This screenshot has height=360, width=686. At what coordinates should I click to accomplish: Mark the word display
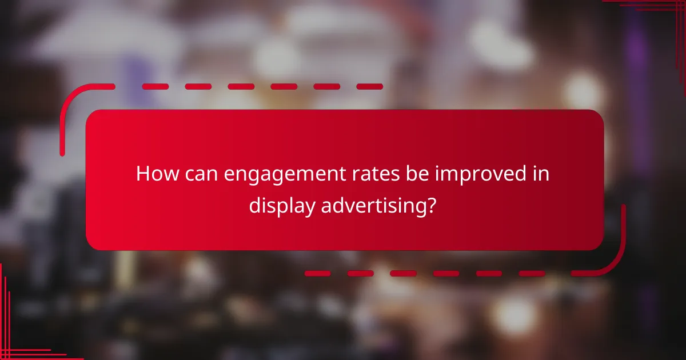pos(281,206)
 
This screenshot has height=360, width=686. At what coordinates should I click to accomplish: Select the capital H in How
pos(142,174)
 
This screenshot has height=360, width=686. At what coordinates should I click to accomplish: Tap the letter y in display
pos(308,207)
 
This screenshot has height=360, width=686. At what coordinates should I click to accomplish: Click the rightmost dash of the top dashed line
pos(369,87)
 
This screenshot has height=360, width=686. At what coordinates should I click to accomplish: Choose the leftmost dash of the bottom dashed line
pos(317,273)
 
